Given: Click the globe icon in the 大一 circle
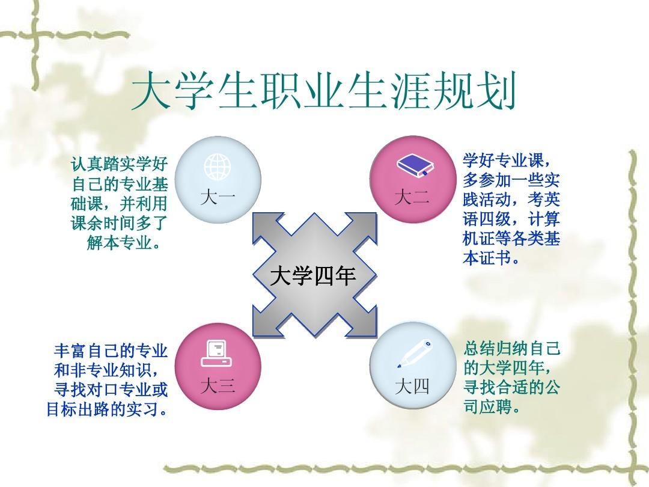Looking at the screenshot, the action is point(218,167).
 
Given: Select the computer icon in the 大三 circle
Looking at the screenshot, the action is point(216,354).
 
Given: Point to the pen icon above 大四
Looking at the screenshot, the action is point(414,354).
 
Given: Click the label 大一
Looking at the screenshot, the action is point(218,197).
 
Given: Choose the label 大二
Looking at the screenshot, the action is point(412,197).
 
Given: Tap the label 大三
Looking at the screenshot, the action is point(218,386).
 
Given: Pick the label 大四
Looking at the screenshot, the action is point(412,386).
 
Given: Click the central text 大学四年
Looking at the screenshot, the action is point(313,275).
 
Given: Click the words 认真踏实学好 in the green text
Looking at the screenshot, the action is point(119,164).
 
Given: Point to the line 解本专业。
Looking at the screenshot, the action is point(124,243).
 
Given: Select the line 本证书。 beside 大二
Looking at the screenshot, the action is point(492,259).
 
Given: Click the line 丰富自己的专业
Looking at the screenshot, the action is point(111,351).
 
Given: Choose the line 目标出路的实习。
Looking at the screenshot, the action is point(107,409).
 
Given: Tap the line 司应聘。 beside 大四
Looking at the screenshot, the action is point(492,406).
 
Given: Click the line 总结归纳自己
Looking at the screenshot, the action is point(512,348).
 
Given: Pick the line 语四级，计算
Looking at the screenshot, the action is point(511,219).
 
